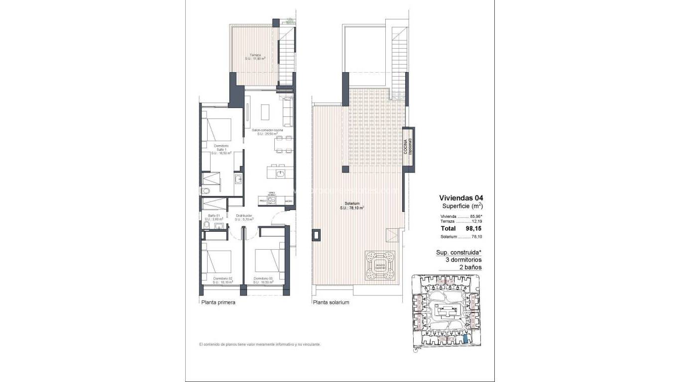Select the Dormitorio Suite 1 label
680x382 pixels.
point(222,150)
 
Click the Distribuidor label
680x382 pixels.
point(244,217)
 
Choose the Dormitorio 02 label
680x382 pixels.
point(223,280)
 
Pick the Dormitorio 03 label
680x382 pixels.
point(263,280)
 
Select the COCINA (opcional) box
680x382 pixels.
point(408,146)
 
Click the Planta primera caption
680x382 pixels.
point(218,302)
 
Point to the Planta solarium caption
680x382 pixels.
point(331,302)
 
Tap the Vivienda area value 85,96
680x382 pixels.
point(476,217)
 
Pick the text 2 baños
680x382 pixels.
point(470,267)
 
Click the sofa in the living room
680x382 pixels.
point(287,112)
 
